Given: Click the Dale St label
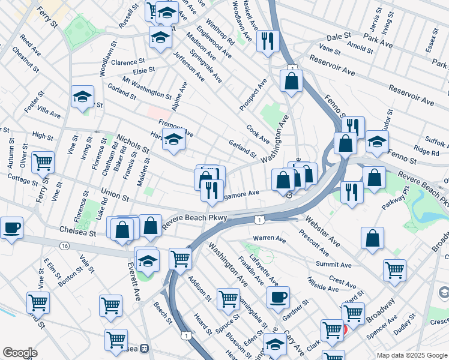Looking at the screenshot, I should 340,37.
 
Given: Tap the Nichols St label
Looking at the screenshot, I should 133,143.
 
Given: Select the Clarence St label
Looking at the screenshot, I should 127,61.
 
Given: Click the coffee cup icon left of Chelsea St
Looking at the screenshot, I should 11,228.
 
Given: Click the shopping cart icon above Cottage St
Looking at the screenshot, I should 43,161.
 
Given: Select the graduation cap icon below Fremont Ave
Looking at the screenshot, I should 173,141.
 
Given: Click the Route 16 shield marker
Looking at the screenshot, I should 64,245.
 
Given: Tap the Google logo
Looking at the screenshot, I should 20,353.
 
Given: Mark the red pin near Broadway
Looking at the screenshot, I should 345,329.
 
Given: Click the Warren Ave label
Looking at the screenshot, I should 268,238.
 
